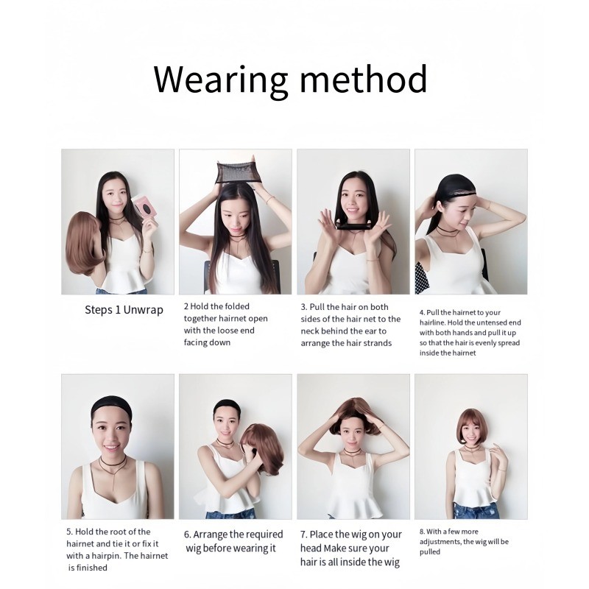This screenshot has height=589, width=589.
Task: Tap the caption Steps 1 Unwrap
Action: (x=124, y=310)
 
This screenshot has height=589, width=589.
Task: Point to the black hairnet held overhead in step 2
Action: (x=235, y=172)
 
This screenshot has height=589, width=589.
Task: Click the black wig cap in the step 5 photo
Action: (x=112, y=406)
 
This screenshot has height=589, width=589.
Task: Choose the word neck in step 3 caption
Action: (x=309, y=331)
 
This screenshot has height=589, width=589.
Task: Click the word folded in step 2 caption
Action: (x=237, y=306)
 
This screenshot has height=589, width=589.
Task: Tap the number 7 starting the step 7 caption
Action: (x=304, y=535)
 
